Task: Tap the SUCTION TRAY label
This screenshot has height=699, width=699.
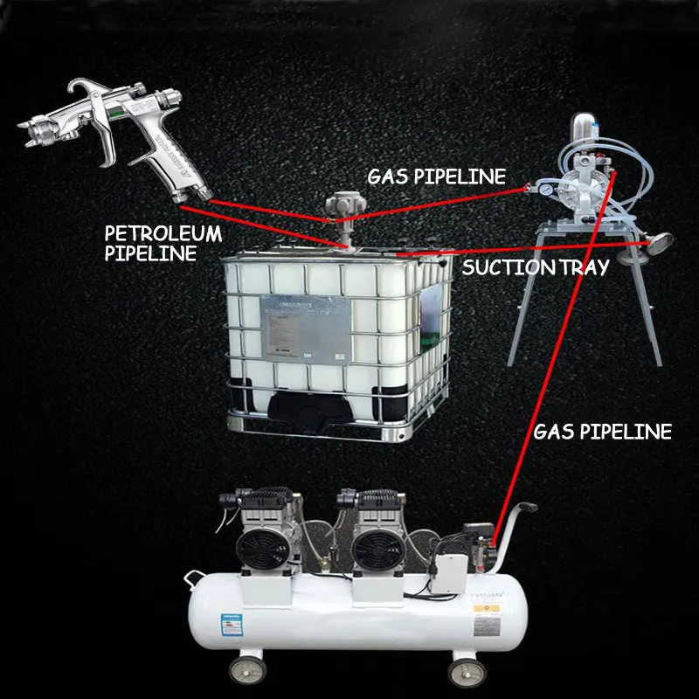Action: click(535, 267)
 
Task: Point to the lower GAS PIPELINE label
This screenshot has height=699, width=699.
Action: click(602, 431)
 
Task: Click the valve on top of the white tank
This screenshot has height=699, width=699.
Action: click(336, 210)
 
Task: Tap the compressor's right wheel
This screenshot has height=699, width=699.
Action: click(460, 671)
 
